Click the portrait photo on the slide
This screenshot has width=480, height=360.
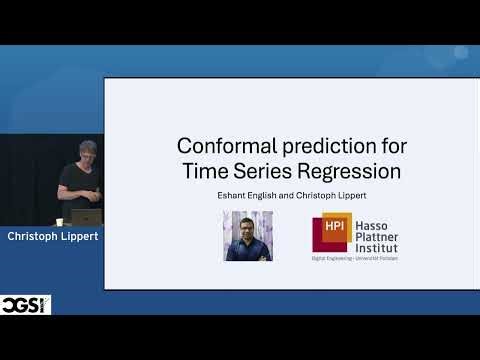click(x=248, y=236)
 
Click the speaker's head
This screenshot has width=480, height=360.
click(x=88, y=151)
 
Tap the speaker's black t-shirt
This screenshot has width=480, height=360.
click(x=82, y=184)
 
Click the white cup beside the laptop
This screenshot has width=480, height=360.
click(x=60, y=221)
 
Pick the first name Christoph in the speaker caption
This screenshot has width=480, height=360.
click(x=34, y=237)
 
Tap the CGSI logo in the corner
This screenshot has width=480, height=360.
click(x=26, y=304)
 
